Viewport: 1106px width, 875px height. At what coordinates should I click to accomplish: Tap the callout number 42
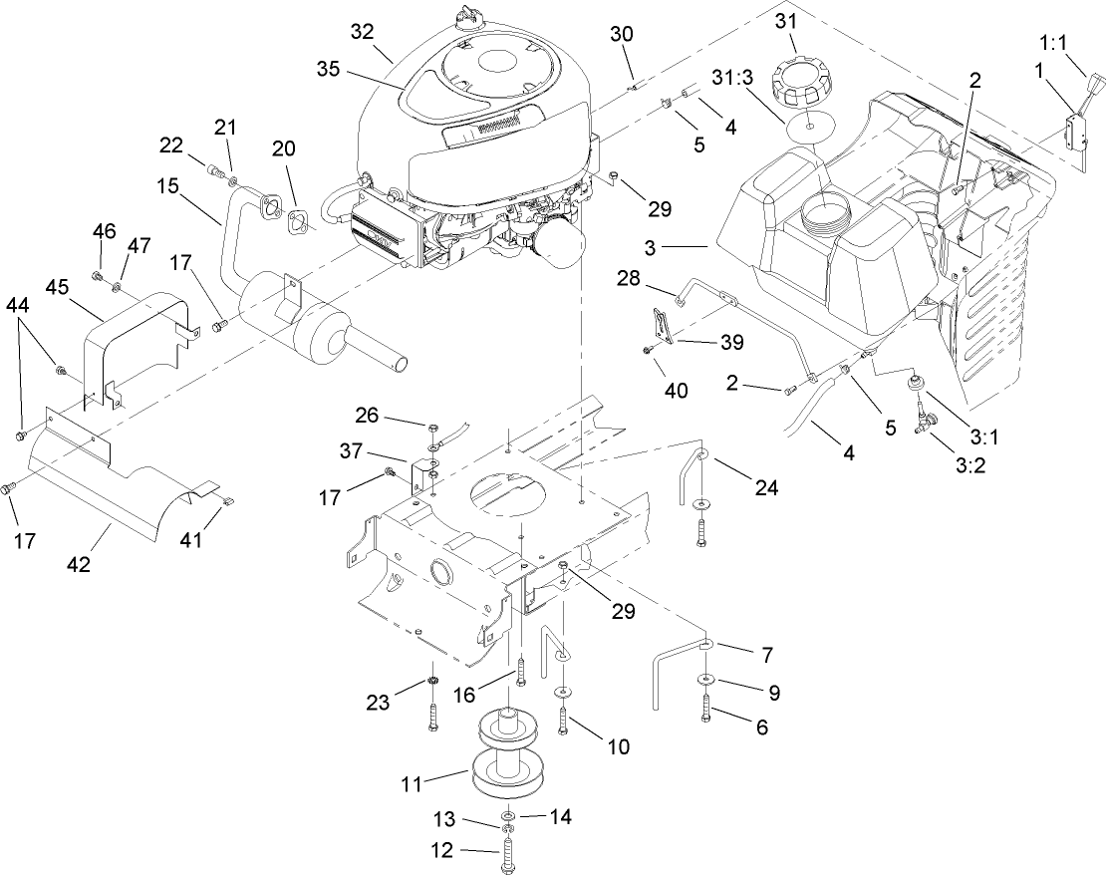79,564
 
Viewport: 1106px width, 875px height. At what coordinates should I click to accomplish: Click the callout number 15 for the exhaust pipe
168,186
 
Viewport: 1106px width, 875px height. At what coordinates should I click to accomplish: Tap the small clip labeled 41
227,501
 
